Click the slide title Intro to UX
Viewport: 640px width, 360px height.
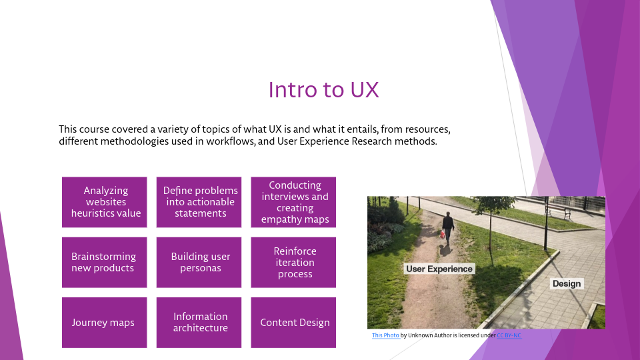point(323,89)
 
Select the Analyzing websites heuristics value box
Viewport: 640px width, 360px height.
point(105,202)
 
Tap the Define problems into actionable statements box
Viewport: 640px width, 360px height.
point(199,202)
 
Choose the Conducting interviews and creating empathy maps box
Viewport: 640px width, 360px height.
point(294,202)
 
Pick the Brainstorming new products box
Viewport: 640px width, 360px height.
point(105,262)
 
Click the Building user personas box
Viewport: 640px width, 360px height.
point(199,262)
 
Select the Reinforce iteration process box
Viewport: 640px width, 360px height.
point(294,262)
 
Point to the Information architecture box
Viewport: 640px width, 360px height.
point(199,323)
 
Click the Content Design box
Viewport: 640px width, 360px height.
point(294,323)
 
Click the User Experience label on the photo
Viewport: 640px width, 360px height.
point(439,269)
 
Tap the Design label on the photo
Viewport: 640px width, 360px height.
point(567,283)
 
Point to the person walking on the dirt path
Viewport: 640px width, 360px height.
point(448,227)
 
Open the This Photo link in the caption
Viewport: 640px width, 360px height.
point(385,335)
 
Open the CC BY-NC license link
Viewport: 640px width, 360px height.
point(509,335)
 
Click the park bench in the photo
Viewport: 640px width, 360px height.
point(557,211)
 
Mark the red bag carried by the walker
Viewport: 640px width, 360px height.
point(441,234)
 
